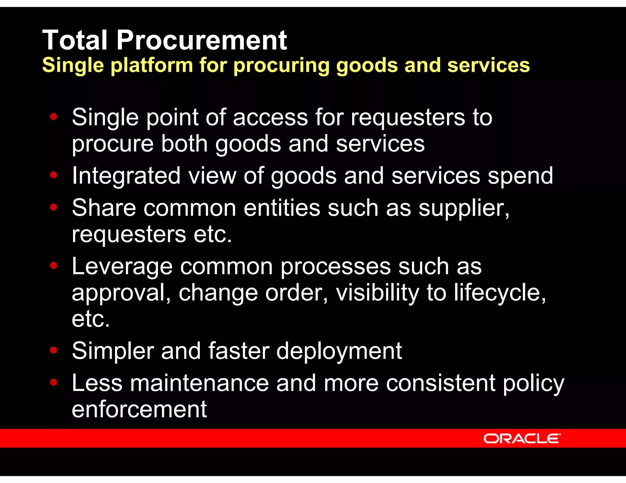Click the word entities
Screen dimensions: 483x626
point(282,208)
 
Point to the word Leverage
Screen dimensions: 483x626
point(122,267)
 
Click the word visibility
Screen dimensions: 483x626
point(377,293)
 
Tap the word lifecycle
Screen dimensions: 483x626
point(500,293)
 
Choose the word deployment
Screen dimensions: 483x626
point(339,351)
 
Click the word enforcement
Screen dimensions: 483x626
point(139,409)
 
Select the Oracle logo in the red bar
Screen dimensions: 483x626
point(522,439)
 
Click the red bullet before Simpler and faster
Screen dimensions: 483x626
point(54,350)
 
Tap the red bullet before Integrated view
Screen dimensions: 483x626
point(54,175)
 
